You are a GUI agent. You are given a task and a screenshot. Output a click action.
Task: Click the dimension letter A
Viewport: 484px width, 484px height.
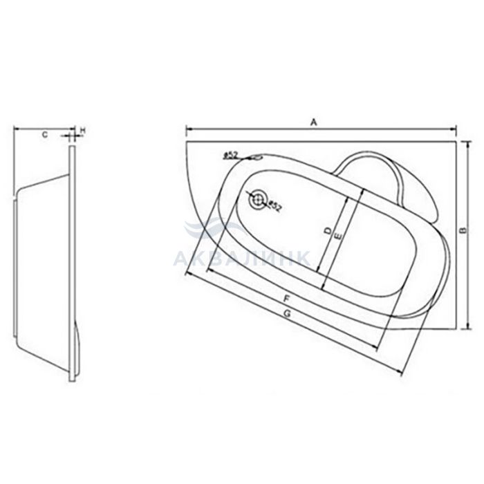tap(314, 122)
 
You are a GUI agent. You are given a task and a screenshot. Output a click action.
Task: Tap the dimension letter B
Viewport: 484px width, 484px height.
tap(463, 230)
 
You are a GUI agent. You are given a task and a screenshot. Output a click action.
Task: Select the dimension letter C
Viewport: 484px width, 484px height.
tap(45, 135)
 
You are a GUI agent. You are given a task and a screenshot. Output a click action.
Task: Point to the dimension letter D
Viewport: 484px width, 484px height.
tap(328, 230)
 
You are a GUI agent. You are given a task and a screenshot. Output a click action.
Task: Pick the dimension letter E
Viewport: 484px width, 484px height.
tap(338, 237)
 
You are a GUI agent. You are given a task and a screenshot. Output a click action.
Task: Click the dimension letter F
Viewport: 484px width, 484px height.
tap(287, 299)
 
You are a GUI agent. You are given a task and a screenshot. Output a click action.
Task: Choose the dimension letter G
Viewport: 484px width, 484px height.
tap(288, 314)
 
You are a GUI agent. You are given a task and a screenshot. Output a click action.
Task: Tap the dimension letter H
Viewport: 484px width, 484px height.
tap(82, 131)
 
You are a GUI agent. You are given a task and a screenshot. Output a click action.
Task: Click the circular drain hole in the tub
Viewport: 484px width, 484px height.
tap(257, 200)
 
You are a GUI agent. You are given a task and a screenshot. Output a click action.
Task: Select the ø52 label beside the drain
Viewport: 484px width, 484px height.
tap(274, 206)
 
